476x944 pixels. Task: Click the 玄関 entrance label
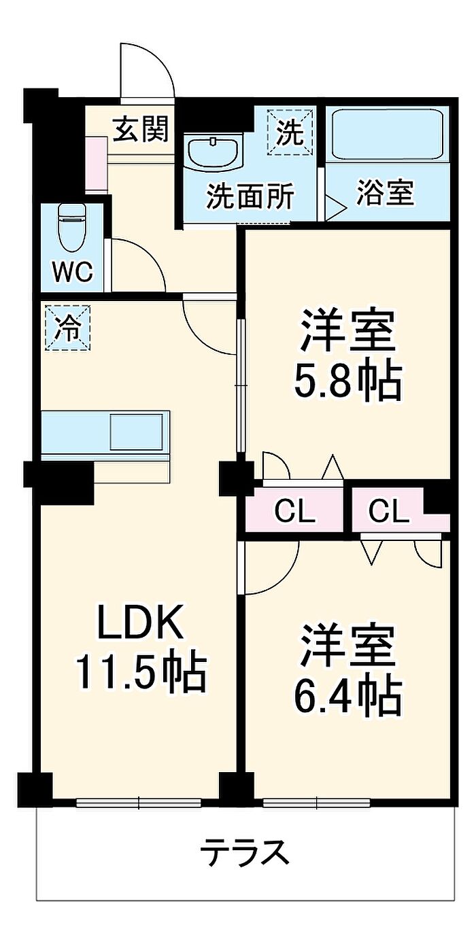[140, 128]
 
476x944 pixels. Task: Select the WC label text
[72, 273]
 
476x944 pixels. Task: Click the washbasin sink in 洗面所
[214, 152]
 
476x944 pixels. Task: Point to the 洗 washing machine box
[291, 131]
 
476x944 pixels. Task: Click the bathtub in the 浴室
[387, 134]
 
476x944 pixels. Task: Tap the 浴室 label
[385, 194]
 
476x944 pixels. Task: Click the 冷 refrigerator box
[67, 328]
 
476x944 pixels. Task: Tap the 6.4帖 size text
[347, 694]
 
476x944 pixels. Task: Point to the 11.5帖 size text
[140, 671]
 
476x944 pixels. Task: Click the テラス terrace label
[245, 852]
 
